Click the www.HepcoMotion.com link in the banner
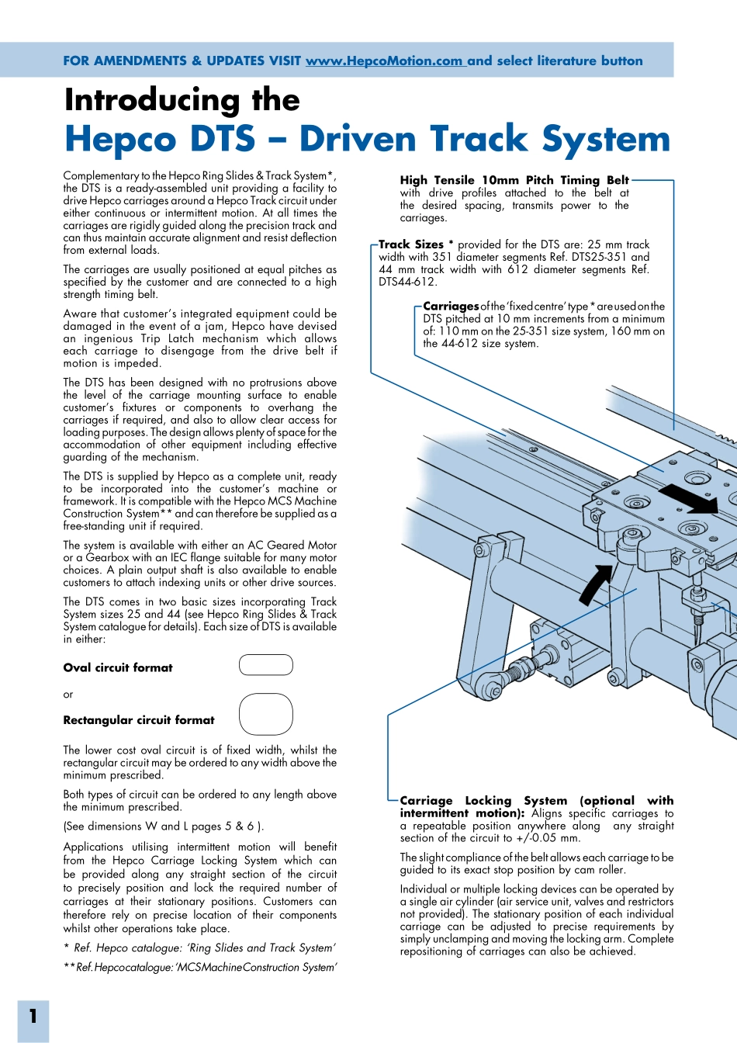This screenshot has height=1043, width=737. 385,61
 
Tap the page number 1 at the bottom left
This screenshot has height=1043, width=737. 33,1016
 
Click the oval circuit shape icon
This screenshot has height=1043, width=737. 266,665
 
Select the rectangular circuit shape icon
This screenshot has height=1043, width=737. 266,714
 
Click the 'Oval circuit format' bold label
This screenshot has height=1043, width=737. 118,667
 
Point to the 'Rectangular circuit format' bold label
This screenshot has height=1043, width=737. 139,720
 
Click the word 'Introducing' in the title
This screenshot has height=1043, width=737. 152,100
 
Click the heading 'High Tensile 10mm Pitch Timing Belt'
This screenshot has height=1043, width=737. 514,180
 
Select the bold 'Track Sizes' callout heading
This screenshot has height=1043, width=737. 411,244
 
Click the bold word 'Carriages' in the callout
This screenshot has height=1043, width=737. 451,307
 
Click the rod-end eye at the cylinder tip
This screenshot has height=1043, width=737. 490,685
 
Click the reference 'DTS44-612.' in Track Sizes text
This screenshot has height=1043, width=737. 408,282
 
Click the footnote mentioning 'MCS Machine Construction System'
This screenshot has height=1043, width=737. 200,968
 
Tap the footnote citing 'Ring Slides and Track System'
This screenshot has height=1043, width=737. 199,948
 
